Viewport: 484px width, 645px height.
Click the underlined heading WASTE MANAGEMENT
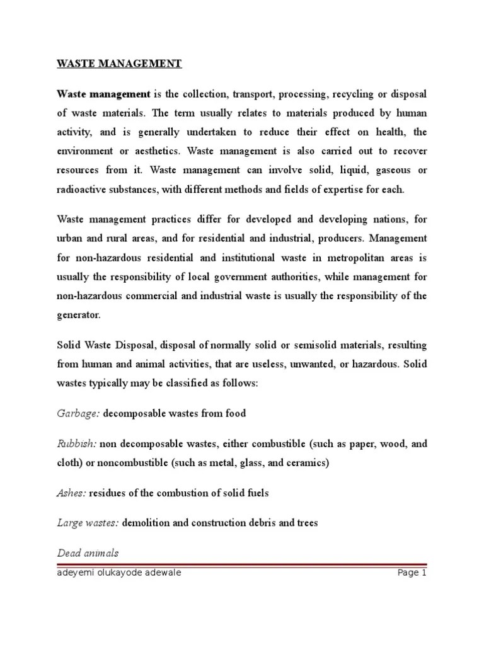[x=119, y=64]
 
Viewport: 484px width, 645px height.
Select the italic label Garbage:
[x=78, y=414]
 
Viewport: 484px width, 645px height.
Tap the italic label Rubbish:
[x=77, y=444]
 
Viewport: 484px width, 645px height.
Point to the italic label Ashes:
[x=71, y=493]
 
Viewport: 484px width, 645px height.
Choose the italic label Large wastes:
[x=88, y=523]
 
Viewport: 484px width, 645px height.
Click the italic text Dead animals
[x=88, y=553]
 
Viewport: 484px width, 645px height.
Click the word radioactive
[x=83, y=190]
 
